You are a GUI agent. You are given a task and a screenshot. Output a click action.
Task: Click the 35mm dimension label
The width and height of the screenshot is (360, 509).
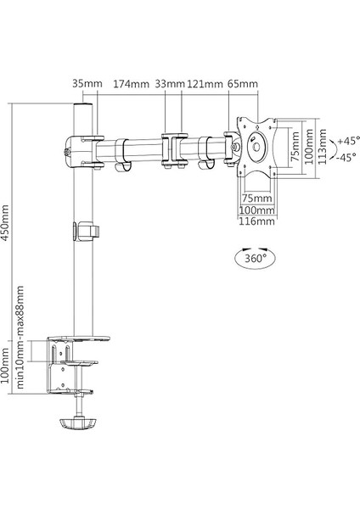[87, 84]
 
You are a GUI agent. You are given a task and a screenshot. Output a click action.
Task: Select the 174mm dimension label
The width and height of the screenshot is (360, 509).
[131, 84]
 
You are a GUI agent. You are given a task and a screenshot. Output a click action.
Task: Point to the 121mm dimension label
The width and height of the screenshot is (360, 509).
[205, 84]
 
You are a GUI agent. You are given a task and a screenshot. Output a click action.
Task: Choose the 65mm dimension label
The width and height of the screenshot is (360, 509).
[243, 84]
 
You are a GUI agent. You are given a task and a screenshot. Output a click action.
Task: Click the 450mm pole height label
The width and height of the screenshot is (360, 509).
[5, 222]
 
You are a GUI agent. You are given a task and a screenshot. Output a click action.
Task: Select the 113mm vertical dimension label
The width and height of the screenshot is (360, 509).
[323, 147]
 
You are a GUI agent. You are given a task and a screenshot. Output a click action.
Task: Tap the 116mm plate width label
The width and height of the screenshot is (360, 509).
[256, 221]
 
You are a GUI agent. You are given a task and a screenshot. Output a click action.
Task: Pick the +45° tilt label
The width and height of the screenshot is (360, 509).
[348, 141]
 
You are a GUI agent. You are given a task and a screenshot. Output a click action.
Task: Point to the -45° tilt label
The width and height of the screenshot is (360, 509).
[347, 158]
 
